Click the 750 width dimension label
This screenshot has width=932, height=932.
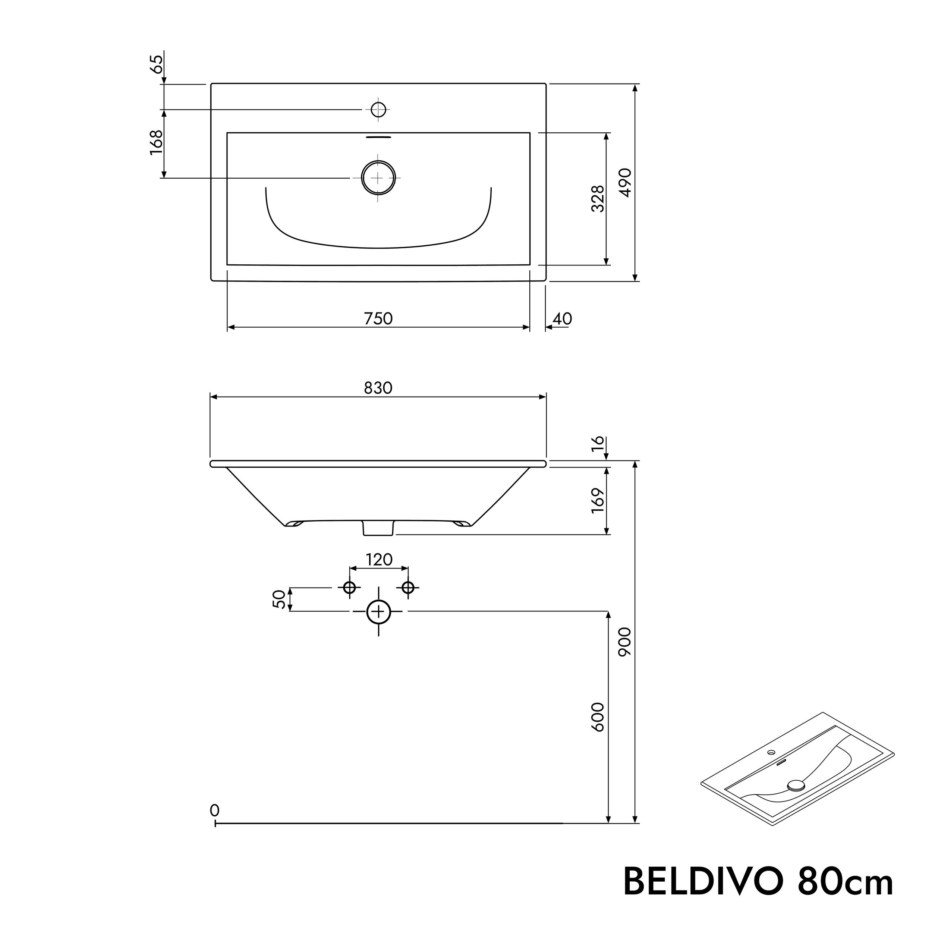378,319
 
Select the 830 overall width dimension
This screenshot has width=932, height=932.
378,388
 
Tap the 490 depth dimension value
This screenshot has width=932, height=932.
625,182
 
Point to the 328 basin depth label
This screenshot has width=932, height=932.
598,198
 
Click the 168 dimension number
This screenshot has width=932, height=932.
156,143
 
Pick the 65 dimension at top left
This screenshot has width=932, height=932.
156,64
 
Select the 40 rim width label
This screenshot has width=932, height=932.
562,319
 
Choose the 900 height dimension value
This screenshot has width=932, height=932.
625,642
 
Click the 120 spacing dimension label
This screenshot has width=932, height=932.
379,560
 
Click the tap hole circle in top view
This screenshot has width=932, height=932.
379,110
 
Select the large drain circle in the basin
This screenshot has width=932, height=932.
379,177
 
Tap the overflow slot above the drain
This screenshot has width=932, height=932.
379,137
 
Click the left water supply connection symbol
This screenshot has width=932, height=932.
349,588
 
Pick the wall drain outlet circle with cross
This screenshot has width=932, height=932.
379,612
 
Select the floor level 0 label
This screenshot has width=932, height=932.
215,810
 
